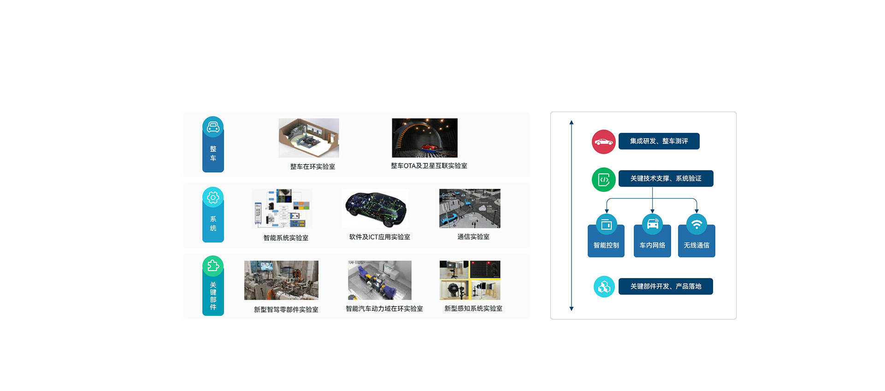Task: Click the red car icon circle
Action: click(x=603, y=142)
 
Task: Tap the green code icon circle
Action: click(x=603, y=179)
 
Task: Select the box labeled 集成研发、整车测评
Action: click(x=659, y=141)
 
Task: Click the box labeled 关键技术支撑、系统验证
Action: click(x=666, y=178)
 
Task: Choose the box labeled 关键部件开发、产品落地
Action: click(x=666, y=286)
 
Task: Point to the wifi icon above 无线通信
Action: click(x=696, y=225)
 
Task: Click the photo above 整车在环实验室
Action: click(x=309, y=138)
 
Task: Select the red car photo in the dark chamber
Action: click(x=425, y=138)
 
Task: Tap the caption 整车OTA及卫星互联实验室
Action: click(x=429, y=166)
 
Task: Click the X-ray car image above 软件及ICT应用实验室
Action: click(x=376, y=208)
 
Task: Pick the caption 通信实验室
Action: click(x=473, y=237)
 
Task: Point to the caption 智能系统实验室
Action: click(x=286, y=238)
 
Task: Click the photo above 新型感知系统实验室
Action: click(x=470, y=280)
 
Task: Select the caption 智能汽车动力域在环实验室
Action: click(x=384, y=309)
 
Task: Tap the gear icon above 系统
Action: click(x=213, y=198)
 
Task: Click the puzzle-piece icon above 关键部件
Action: click(x=213, y=266)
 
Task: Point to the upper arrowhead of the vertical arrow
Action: click(x=572, y=123)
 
